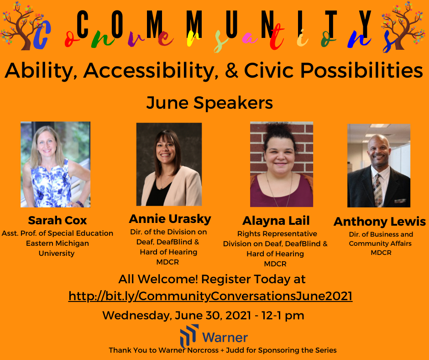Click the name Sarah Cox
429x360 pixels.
[58, 220]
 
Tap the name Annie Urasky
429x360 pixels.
[170, 219]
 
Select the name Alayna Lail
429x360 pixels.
[276, 221]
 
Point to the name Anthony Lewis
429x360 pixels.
[379, 222]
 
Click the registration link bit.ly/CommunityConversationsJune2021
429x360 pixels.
[210, 296]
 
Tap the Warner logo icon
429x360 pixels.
[189, 335]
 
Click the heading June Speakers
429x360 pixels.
[209, 103]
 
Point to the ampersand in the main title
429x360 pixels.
[231, 70]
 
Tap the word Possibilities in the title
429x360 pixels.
[361, 70]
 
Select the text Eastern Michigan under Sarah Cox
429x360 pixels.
[58, 244]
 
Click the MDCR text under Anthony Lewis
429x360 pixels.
[381, 253]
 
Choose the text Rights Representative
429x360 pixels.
[277, 234]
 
